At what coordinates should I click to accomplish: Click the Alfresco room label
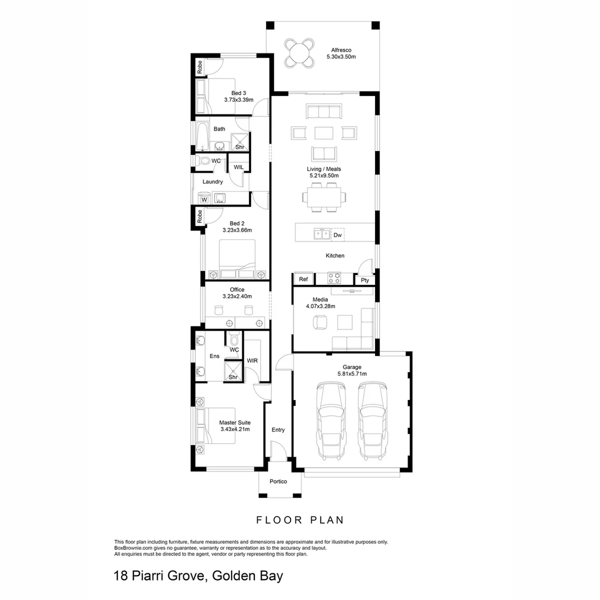coord(340,50)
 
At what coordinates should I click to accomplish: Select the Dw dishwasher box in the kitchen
coord(337,235)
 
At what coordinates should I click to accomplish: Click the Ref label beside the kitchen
coord(303,279)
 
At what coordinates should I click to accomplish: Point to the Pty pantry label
coord(365,280)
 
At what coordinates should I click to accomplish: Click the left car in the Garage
coord(331,421)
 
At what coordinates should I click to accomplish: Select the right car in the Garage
coord(372,421)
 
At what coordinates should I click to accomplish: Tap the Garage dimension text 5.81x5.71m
coord(352,374)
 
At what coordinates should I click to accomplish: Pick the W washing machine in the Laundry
coord(204,199)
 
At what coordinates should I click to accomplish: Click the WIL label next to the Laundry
coord(238,167)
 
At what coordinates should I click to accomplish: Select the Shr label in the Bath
coord(240,147)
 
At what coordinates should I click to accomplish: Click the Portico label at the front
coord(278,481)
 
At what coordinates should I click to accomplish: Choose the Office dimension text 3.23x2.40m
coord(237,297)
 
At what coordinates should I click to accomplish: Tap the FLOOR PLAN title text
coord(300,520)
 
